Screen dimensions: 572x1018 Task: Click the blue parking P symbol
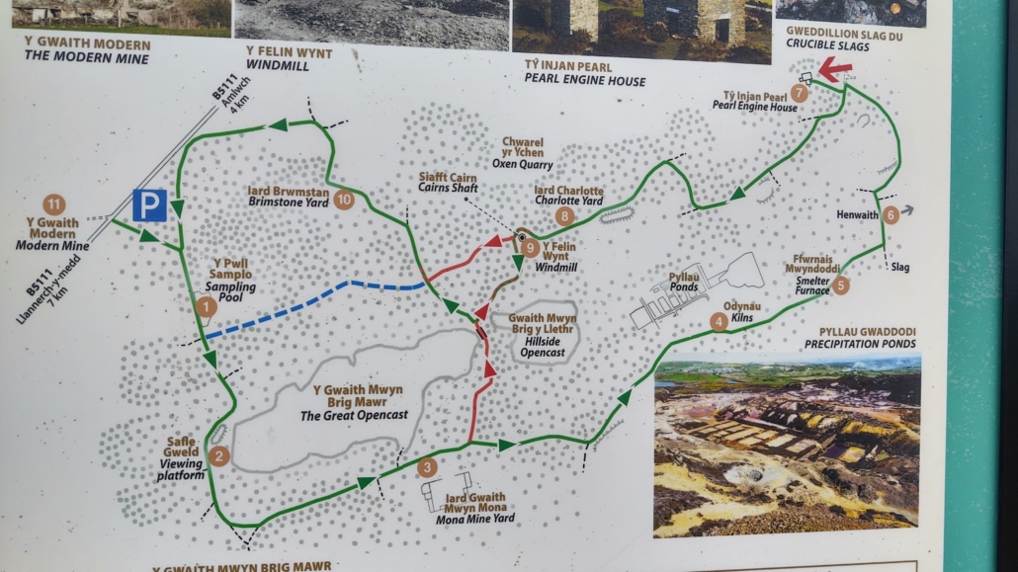pyautogui.click(x=149, y=205)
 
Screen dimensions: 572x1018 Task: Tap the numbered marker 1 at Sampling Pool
pyautogui.click(x=206, y=307)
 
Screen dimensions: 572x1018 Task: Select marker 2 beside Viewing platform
pyautogui.click(x=219, y=455)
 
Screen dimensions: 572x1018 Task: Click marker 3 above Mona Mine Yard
pyautogui.click(x=426, y=467)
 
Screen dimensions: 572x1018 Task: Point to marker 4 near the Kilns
pyautogui.click(x=719, y=321)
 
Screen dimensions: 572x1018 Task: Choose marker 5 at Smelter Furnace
pyautogui.click(x=840, y=286)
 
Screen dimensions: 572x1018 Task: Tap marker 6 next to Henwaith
pyautogui.click(x=891, y=213)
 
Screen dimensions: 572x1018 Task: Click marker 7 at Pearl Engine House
pyautogui.click(x=799, y=93)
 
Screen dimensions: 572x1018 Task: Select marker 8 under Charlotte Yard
pyautogui.click(x=564, y=214)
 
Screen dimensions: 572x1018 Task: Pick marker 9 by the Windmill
pyautogui.click(x=531, y=248)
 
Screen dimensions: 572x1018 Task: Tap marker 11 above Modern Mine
pyautogui.click(x=54, y=205)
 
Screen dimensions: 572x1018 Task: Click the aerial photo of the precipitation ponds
pyautogui.click(x=787, y=445)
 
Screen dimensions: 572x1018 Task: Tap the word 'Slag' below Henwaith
pyautogui.click(x=900, y=267)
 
